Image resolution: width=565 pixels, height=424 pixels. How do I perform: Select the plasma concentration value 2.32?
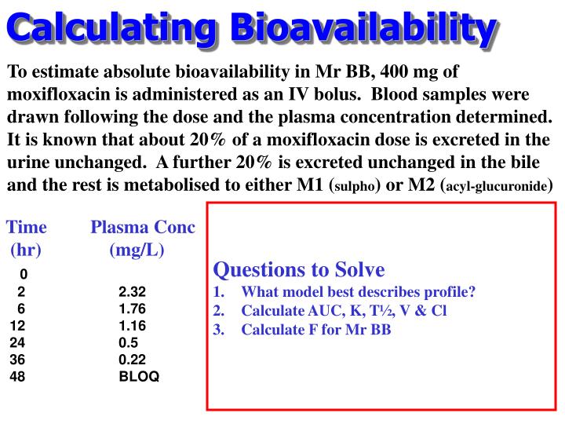[133, 291]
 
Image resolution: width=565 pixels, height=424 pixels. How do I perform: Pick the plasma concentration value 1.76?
[133, 308]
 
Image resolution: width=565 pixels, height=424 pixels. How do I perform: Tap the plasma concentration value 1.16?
[133, 325]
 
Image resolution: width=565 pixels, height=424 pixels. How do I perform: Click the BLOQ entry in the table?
[139, 377]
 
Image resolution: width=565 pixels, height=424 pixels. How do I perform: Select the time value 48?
[18, 377]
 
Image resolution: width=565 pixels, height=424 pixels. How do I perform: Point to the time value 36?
[18, 360]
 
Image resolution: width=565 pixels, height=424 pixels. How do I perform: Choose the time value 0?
[24, 274]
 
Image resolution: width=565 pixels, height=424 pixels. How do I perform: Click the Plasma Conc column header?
[143, 228]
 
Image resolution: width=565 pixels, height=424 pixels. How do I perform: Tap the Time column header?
[27, 228]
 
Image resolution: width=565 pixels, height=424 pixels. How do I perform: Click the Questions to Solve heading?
[299, 270]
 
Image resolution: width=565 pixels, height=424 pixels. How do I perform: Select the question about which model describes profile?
[358, 292]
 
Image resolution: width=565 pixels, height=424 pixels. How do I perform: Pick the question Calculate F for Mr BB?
[315, 329]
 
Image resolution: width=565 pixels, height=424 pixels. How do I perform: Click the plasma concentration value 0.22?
[133, 360]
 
